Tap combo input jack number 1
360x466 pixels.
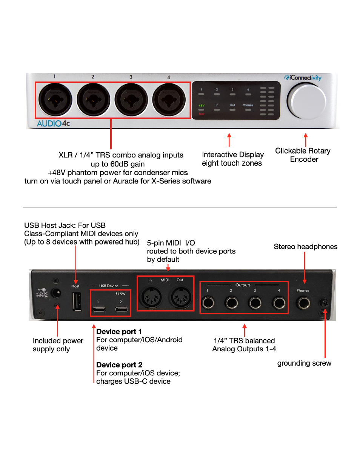(x=55, y=100)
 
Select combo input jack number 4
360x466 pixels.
(x=169, y=100)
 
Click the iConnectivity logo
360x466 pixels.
(x=303, y=78)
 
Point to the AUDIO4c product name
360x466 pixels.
(x=53, y=123)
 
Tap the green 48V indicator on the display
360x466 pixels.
(x=202, y=106)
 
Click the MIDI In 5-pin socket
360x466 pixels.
(x=151, y=298)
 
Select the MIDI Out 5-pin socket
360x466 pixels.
(x=180, y=298)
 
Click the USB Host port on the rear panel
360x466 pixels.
(x=77, y=301)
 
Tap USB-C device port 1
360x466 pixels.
(x=99, y=309)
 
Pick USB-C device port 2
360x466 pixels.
(x=121, y=309)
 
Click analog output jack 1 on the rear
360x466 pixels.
(x=208, y=302)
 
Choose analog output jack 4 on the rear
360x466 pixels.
(x=279, y=302)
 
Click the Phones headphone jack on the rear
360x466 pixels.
(x=303, y=303)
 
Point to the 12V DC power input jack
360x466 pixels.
(x=56, y=292)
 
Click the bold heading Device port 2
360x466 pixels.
(x=119, y=365)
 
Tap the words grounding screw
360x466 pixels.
(x=304, y=363)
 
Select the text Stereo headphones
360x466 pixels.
(x=306, y=246)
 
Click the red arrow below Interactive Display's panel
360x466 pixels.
(x=229, y=140)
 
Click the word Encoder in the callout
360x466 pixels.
(x=304, y=159)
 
